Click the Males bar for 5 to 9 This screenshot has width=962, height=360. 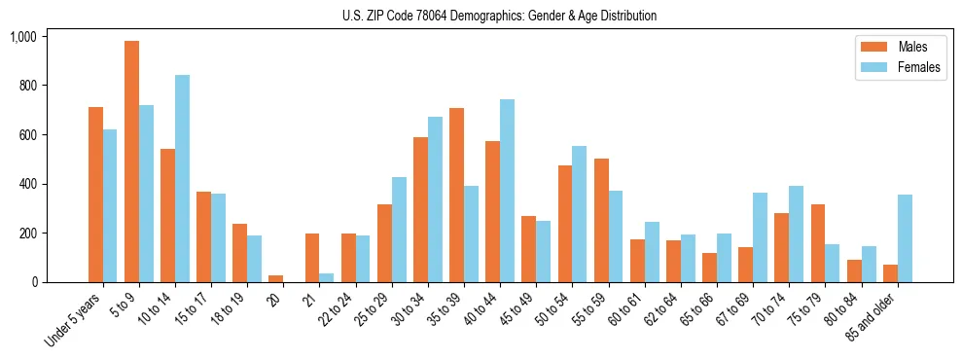[131, 162]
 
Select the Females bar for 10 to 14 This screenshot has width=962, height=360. [182, 179]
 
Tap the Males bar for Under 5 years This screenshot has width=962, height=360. [95, 195]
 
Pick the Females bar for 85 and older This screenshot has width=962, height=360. [905, 238]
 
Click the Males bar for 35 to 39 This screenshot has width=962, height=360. [456, 196]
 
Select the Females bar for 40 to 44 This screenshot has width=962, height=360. [507, 191]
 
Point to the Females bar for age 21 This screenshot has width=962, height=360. [326, 278]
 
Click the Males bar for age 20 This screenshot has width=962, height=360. [275, 279]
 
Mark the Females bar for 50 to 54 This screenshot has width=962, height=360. [579, 214]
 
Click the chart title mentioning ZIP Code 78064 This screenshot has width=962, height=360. [499, 16]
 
